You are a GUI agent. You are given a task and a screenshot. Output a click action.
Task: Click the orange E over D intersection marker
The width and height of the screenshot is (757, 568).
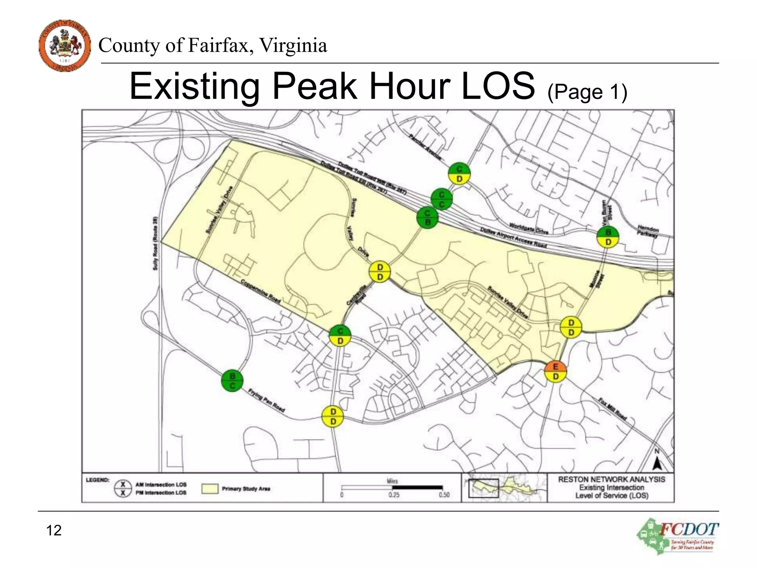coord(555,372)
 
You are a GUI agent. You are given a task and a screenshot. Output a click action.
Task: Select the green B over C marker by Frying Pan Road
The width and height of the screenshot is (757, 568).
coord(232,381)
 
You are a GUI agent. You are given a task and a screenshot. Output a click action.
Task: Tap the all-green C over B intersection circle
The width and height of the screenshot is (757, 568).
coord(427,218)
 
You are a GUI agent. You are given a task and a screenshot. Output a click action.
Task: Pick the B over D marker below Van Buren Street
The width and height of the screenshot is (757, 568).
coord(608,237)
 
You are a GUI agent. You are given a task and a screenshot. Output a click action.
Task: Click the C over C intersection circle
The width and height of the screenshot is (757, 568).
coord(441,199)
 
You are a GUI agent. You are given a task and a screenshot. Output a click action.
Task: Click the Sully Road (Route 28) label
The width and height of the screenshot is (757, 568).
coord(155,243)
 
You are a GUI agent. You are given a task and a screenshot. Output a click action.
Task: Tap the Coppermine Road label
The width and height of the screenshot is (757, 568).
coord(261,291)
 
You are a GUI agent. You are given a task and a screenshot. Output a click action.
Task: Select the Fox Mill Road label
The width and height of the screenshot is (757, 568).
coord(612,409)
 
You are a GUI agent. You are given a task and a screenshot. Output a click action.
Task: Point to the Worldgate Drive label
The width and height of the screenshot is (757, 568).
coord(529,228)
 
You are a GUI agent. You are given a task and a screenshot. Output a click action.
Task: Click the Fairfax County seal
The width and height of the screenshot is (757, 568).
coord(65,45)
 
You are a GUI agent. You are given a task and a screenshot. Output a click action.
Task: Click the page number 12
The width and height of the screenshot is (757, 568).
coord(54,530)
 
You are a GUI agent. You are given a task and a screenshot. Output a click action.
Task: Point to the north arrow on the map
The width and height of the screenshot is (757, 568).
coord(657,460)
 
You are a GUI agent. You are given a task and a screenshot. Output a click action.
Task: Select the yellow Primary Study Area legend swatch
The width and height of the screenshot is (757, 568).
coord(210,488)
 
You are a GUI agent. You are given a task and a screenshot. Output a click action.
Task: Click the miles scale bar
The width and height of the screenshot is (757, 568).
coord(392,487)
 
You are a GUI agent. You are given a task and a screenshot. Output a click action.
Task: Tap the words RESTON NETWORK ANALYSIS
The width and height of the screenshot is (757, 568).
coord(611,479)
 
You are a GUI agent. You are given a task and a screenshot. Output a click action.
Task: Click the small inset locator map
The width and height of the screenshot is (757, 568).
coord(504,487)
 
